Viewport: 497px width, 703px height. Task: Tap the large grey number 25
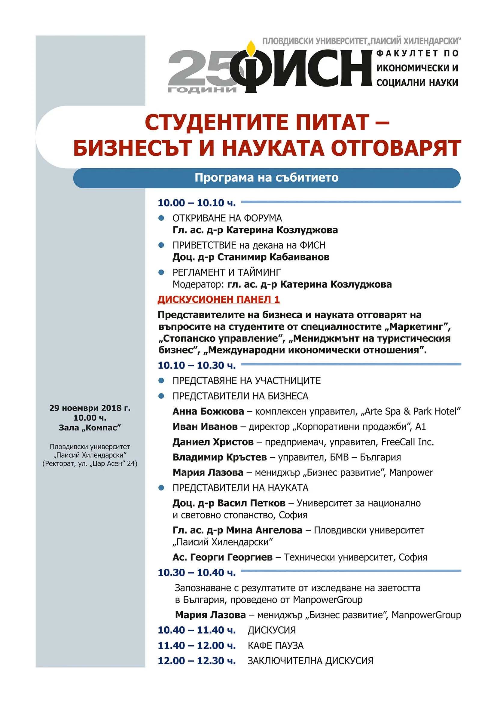click(202, 68)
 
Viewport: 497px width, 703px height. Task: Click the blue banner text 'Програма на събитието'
click(267, 178)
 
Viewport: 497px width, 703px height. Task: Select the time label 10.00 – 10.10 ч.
click(197, 203)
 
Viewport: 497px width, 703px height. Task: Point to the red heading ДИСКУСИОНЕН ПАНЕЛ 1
click(218, 299)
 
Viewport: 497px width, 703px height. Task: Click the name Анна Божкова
click(208, 411)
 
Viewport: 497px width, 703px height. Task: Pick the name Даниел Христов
click(213, 442)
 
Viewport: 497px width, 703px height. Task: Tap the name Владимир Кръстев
click(219, 457)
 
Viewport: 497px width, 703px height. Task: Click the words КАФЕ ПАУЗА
click(276, 645)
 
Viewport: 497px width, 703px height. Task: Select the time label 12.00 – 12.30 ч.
click(197, 661)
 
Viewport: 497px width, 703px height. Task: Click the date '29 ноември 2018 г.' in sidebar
click(90, 408)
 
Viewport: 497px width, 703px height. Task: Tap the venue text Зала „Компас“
click(90, 427)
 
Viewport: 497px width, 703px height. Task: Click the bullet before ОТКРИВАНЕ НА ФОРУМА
click(161, 218)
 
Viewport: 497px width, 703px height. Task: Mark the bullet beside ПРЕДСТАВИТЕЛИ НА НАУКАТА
click(161, 488)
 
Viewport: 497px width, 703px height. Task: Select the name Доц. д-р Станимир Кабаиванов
click(251, 257)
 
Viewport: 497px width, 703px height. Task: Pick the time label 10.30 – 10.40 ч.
click(197, 572)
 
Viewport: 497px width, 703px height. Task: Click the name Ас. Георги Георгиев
click(222, 557)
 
